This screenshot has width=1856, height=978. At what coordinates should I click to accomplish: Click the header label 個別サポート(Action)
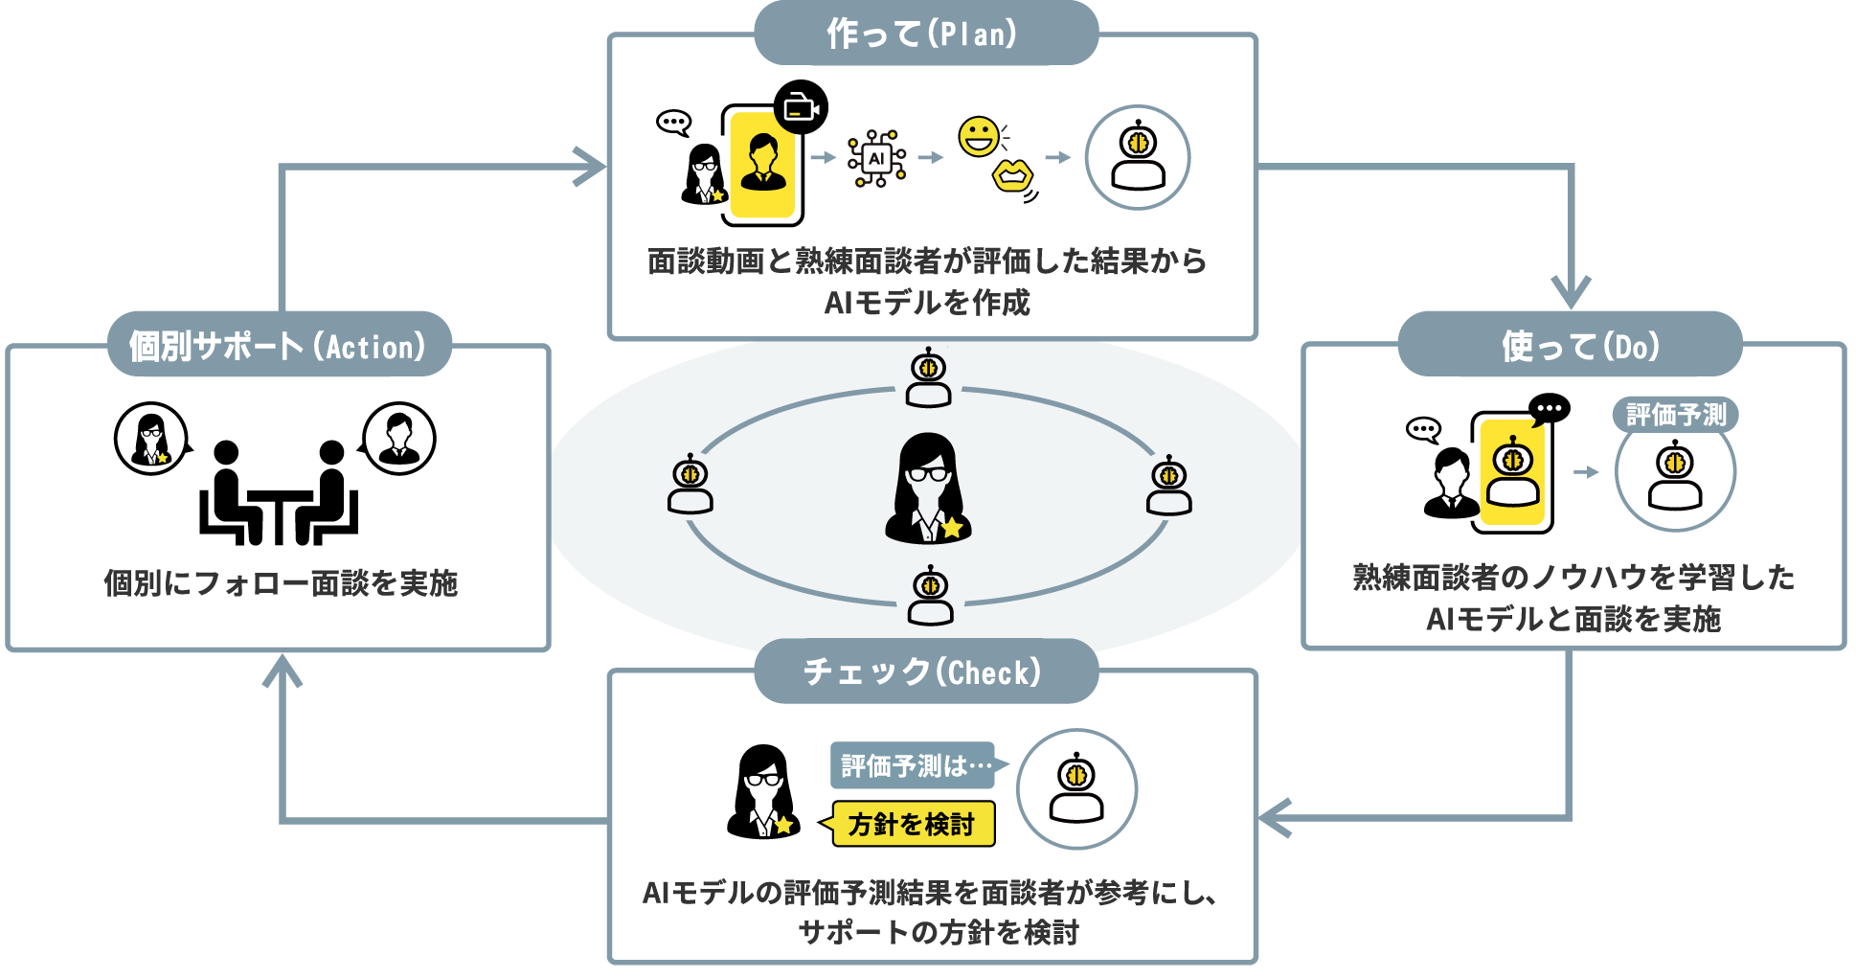pyautogui.click(x=278, y=345)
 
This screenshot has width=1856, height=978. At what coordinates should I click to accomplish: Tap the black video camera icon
pyautogui.click(x=801, y=107)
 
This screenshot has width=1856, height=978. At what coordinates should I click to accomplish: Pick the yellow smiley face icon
pyautogui.click(x=979, y=137)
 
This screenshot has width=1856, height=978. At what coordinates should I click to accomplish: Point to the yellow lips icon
pyautogui.click(x=1012, y=176)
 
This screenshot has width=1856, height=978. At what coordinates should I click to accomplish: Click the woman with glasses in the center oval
pyautogui.click(x=927, y=489)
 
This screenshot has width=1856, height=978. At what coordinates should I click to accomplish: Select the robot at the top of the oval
pyautogui.click(x=928, y=377)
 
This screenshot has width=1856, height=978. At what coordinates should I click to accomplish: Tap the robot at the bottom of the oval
pyautogui.click(x=930, y=596)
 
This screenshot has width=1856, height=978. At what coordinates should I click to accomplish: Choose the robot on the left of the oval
pyautogui.click(x=690, y=485)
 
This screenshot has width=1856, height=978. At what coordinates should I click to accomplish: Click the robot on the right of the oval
pyautogui.click(x=1168, y=485)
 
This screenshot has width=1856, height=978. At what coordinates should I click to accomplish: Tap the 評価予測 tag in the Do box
pyautogui.click(x=1675, y=415)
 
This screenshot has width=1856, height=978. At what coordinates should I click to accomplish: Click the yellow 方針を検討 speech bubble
pyautogui.click(x=912, y=824)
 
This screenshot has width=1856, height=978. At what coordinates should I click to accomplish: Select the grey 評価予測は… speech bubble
pyautogui.click(x=914, y=765)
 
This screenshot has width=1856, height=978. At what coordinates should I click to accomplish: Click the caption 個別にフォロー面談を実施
pyautogui.click(x=280, y=582)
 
